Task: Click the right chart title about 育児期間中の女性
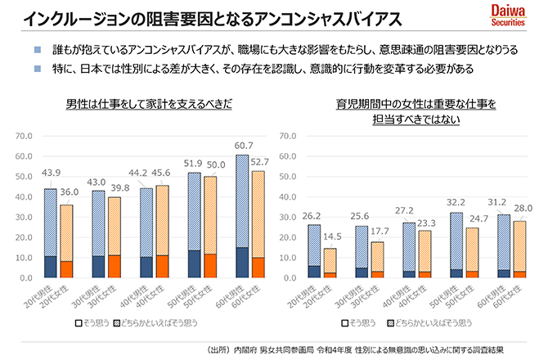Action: tap(410, 112)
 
